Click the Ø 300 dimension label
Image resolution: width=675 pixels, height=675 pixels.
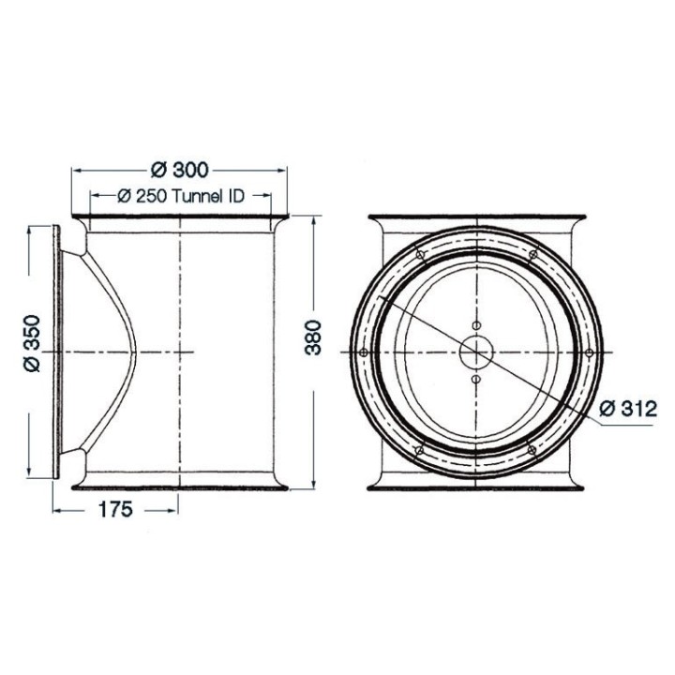[x=179, y=170]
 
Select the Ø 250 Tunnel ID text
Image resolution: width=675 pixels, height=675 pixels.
[x=181, y=196]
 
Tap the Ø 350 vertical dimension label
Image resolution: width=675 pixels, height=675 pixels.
[x=32, y=343]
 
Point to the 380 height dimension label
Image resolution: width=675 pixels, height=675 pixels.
[x=313, y=337]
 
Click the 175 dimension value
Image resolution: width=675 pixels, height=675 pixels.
[x=115, y=510]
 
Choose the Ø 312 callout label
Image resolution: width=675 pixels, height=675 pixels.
[x=628, y=409]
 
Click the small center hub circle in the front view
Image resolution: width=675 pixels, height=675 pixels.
[x=475, y=352]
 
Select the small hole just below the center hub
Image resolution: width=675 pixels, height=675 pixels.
[x=475, y=380]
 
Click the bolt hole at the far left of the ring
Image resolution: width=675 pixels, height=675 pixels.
[x=363, y=352]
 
